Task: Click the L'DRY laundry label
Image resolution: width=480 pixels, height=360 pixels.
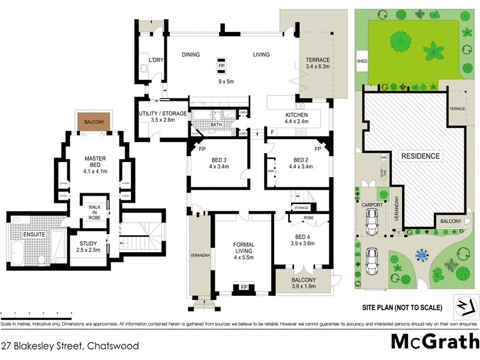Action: pos(156,60)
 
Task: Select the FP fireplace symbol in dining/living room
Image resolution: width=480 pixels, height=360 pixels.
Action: pos(221,65)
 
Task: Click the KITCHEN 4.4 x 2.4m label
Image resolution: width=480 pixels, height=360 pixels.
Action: pos(296,118)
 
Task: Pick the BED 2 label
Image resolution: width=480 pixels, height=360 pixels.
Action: pos(301,163)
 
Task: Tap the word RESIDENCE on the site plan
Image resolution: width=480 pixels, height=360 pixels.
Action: pos(420,156)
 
